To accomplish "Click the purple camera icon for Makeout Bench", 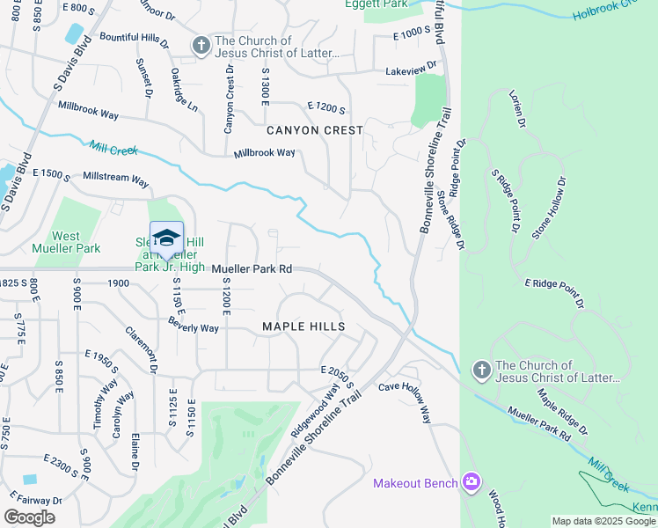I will (x=472, y=481).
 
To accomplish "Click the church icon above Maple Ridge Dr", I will (x=481, y=371).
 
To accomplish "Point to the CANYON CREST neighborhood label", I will (x=315, y=130).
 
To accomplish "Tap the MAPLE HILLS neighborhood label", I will (x=303, y=326).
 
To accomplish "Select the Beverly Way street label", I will (x=194, y=326).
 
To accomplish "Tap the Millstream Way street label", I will (x=115, y=179).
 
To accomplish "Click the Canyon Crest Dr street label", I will (x=229, y=101).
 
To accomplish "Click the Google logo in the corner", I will (x=29, y=517).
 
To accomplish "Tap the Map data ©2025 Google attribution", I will (x=603, y=521).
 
